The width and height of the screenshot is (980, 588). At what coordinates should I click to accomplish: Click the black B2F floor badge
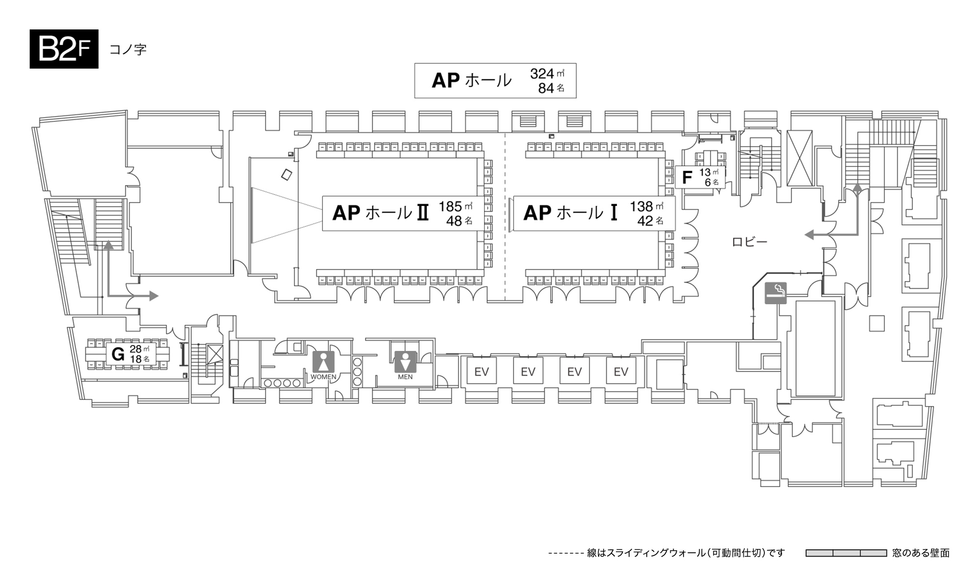pos(64,49)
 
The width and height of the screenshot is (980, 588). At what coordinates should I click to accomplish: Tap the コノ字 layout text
pos(128,49)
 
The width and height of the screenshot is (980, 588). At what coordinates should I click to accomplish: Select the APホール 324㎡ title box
pos(495,81)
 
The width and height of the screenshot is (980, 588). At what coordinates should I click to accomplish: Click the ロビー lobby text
pos(749,242)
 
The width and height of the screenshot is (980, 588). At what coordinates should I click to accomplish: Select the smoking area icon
pos(776,293)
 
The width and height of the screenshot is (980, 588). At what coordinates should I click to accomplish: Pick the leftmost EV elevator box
pos(481,372)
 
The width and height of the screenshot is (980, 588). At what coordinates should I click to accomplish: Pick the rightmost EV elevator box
pos(621,372)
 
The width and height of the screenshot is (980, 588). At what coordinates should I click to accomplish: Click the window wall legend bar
pos(846,553)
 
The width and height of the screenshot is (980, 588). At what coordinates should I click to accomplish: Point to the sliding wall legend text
pos(686,553)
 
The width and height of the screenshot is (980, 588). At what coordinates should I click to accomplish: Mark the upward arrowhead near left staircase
pos(108,245)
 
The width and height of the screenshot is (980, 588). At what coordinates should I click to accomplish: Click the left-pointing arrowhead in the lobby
pos(809,235)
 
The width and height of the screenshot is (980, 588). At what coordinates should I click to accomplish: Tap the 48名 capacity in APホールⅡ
pos(459,221)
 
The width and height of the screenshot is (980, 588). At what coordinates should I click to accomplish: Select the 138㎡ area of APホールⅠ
pos(646,206)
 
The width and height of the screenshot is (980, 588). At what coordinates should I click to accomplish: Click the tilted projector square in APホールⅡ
pos(287,174)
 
